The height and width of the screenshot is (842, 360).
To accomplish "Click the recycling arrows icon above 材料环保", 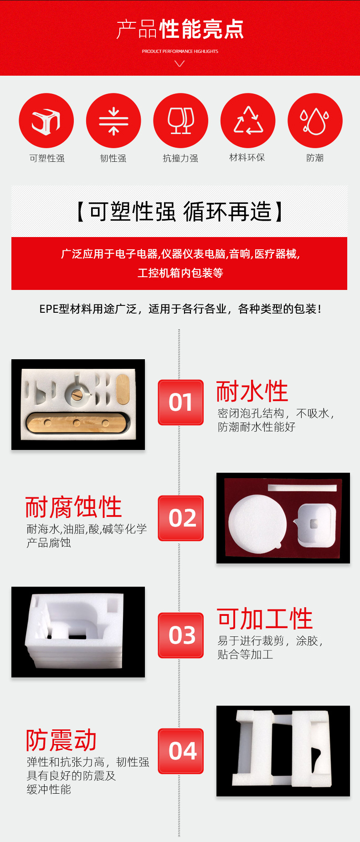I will (248, 120).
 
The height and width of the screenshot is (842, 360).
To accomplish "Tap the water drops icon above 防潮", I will (315, 120).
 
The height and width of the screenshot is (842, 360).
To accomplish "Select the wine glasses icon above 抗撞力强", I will (181, 120).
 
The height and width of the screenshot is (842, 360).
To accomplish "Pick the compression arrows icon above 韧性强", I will (113, 120).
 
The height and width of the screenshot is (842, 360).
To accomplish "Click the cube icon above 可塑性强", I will (46, 120).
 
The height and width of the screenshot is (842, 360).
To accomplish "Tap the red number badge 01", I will (181, 402).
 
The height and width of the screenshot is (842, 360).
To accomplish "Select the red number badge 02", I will (181, 518).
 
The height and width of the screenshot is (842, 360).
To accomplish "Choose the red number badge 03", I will (181, 635).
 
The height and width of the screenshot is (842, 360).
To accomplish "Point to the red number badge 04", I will (181, 751).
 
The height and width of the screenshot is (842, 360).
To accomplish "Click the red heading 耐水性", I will (252, 391).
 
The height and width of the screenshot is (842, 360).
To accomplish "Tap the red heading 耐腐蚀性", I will (73, 507).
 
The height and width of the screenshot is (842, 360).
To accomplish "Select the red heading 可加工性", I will (264, 619).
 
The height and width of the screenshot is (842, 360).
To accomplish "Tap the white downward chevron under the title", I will (180, 64).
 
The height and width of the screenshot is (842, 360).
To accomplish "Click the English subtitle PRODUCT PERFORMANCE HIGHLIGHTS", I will (180, 52).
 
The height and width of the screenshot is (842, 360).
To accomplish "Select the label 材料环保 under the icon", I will (247, 158).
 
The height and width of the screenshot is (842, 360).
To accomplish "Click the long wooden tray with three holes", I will (76, 423).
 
